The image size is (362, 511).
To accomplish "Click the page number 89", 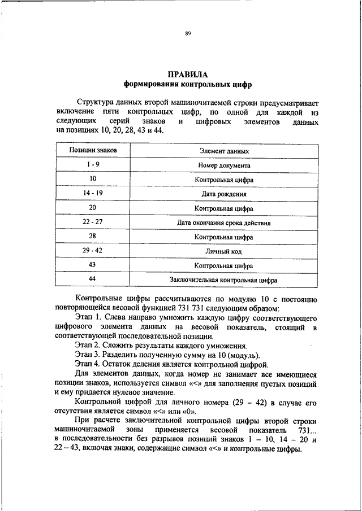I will (188, 34).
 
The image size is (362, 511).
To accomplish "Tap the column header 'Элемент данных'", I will (224, 151).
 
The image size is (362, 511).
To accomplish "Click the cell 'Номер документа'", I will (224, 165).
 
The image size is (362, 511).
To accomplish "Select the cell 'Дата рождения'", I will (224, 194).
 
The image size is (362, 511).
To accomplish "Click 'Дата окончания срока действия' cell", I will (224, 223).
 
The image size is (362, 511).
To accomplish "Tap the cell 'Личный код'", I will (224, 251).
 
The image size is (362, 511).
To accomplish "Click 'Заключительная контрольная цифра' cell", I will (224, 279).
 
